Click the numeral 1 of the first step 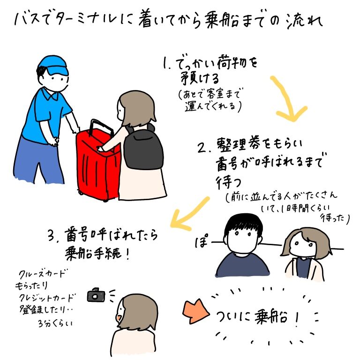[165, 63]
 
